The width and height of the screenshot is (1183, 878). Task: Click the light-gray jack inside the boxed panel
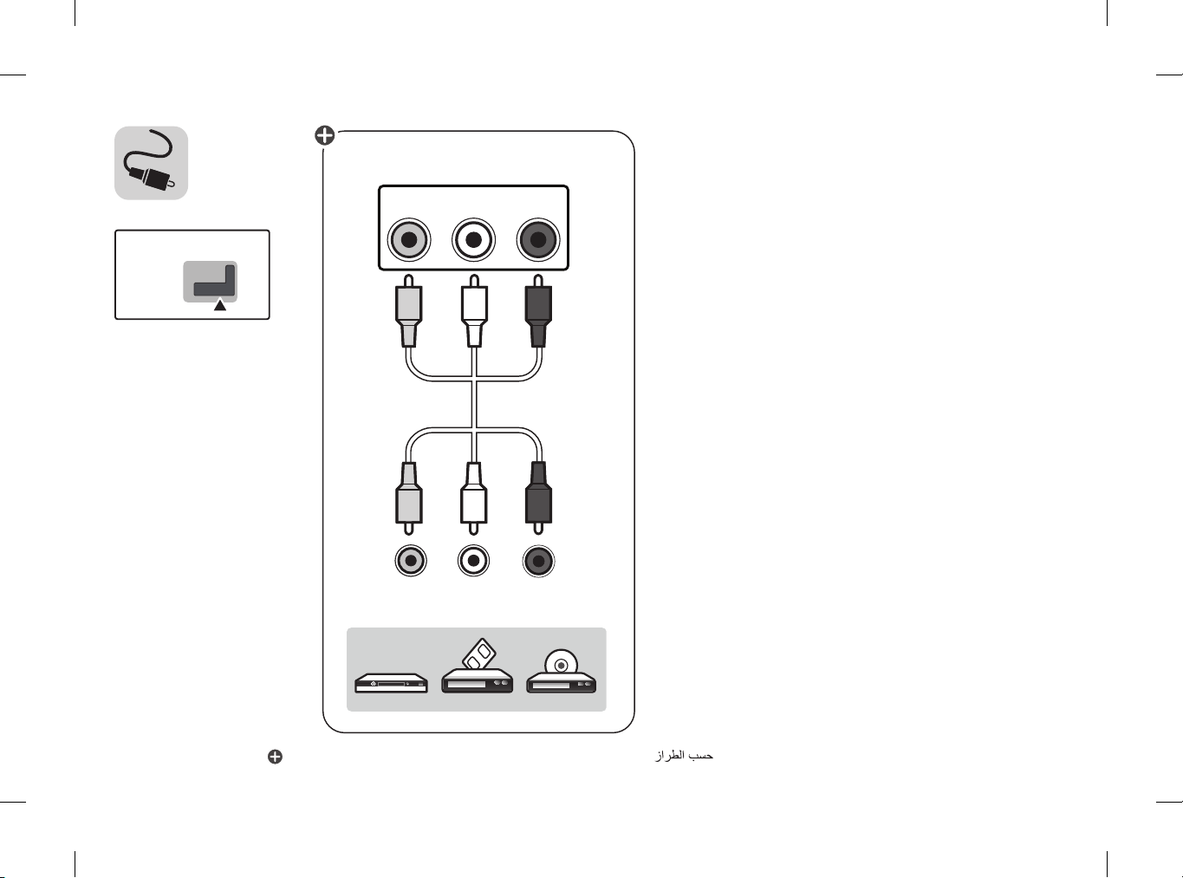[408, 240]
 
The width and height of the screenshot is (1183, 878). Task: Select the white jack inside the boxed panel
[473, 240]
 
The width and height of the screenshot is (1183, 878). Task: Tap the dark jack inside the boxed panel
[538, 240]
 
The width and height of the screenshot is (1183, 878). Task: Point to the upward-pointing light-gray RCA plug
[408, 311]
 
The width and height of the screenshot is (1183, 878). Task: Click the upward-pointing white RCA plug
[474, 311]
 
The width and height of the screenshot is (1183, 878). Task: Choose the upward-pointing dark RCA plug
[538, 311]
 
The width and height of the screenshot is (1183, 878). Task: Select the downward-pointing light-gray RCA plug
[409, 498]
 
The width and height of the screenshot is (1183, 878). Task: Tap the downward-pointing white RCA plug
[473, 498]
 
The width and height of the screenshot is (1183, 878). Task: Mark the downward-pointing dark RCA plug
[539, 498]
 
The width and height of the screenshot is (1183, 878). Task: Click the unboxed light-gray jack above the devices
[411, 561]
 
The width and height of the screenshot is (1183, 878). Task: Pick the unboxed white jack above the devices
[473, 561]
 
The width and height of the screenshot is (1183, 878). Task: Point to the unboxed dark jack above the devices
[539, 561]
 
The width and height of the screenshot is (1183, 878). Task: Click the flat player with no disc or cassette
[392, 683]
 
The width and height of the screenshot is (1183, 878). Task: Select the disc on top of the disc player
[561, 662]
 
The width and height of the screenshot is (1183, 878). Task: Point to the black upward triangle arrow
[220, 305]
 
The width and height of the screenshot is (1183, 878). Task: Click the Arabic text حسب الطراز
[685, 756]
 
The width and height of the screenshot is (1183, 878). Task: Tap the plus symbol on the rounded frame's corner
[325, 135]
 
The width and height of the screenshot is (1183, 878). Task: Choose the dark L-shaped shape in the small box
[214, 281]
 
